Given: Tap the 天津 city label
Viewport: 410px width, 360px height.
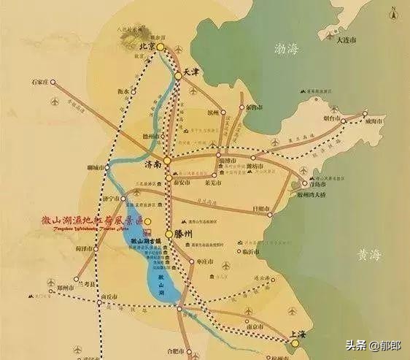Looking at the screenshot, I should coord(191,74).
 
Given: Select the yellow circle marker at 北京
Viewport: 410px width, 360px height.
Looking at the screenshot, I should coord(160,47).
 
